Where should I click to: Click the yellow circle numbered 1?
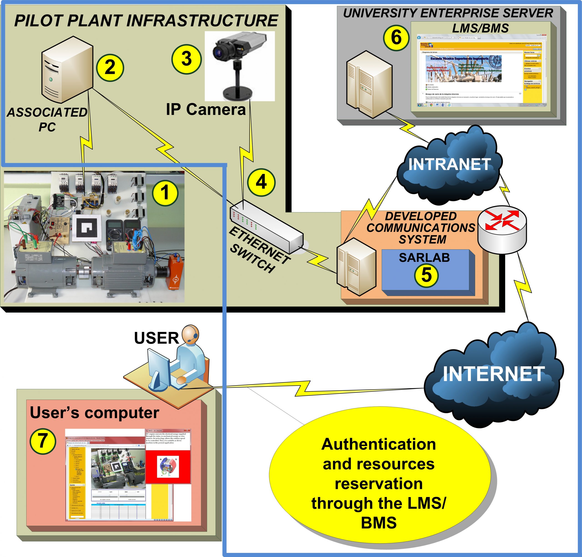pos(165,193)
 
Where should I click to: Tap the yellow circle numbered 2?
pos(110,67)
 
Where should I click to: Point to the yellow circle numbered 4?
pos(261,182)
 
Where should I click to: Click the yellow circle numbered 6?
pos(396,38)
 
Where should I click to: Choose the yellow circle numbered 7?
pos(43,441)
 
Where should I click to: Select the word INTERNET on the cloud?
pos(494,374)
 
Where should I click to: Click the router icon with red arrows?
pos(502,229)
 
